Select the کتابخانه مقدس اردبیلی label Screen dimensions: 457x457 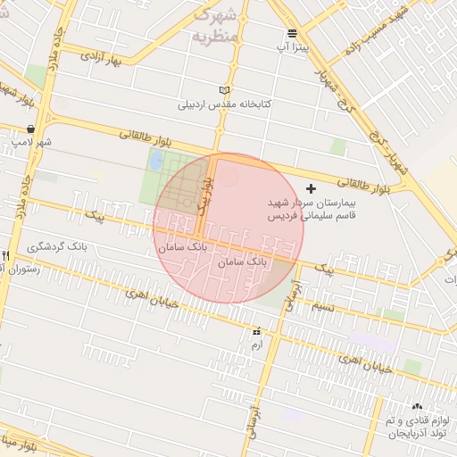(224, 104)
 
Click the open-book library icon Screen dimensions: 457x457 (224, 91)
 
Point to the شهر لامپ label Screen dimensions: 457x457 (32, 142)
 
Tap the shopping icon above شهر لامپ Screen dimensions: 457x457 (32, 129)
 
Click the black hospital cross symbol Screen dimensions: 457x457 (311, 188)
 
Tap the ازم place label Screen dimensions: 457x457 (257, 344)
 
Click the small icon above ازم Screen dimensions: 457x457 (257, 332)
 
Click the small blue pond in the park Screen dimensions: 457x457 (157, 161)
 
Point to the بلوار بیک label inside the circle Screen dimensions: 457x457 (204, 195)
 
